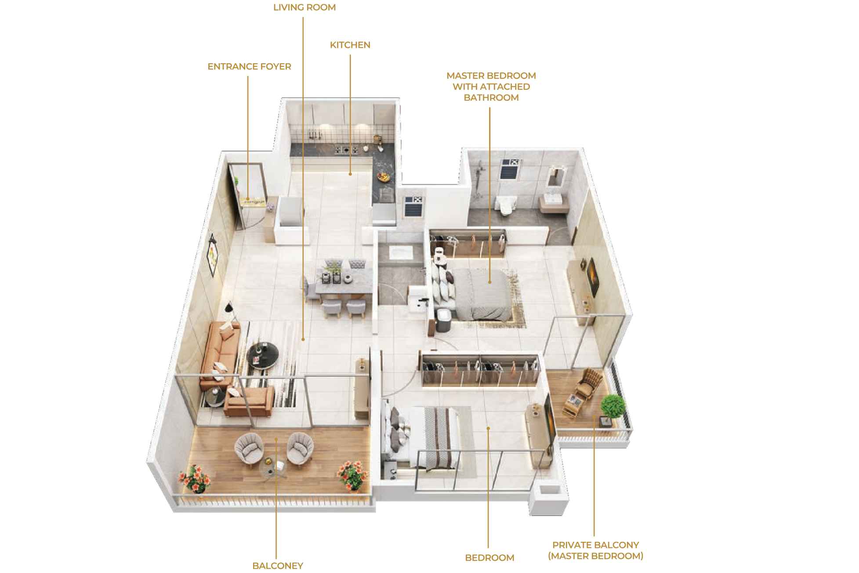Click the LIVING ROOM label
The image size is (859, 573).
304,7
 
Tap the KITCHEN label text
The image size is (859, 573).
350,45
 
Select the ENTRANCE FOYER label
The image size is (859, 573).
249,66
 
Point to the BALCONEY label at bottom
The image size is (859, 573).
278,566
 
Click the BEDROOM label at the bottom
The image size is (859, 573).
489,558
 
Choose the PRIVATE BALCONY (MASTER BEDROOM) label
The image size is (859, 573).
595,550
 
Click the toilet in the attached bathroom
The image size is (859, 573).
505,205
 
